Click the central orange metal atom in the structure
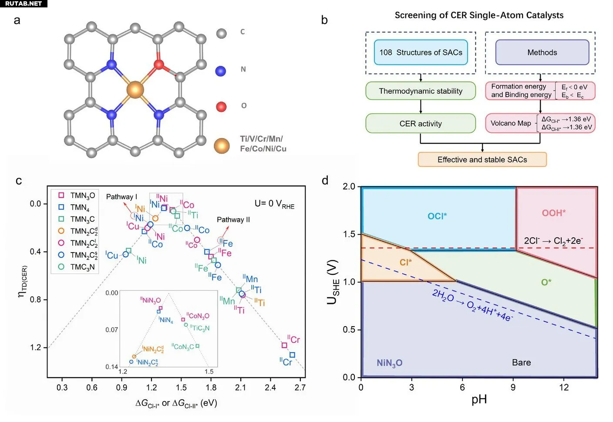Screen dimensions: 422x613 [x=135, y=90]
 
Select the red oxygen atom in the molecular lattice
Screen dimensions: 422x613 [x=159, y=65]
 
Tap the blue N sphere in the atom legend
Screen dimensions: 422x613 [x=221, y=71]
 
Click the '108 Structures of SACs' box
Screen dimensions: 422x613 [x=421, y=52]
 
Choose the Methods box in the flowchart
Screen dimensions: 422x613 [x=542, y=52]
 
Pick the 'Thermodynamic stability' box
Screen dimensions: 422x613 [x=421, y=91]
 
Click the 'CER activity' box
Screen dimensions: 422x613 [x=421, y=124]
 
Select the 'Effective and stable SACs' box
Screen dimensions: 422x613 [x=482, y=160]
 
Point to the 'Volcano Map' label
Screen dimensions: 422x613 [x=511, y=123]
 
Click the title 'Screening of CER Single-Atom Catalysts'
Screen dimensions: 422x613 [x=479, y=15]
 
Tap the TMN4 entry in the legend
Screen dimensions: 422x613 [x=79, y=208]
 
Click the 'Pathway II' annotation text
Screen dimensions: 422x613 [x=233, y=219]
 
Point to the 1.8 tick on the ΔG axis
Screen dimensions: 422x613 [x=211, y=388]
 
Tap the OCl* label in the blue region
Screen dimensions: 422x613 [x=437, y=216]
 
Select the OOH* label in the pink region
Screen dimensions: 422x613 [x=553, y=213]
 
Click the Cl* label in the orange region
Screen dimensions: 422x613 [x=405, y=262]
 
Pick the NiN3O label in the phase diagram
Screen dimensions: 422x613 [x=389, y=363]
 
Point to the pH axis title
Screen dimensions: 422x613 [x=479, y=399]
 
